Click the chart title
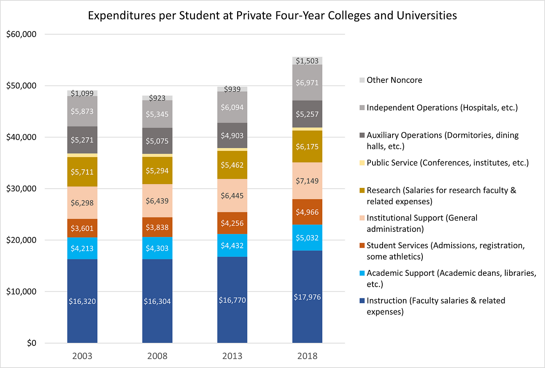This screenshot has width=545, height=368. coord(272,16)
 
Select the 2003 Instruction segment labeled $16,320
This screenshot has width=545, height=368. coord(82,301)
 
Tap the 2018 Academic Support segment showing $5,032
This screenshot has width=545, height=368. coord(307,237)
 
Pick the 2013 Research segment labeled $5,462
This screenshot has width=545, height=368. coord(232,165)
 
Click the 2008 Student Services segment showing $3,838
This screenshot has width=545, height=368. coord(157,227)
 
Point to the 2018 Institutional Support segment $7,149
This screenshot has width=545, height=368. coord(307,180)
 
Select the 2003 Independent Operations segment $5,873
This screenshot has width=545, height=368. coord(82,111)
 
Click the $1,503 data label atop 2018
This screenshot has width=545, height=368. coord(307,61)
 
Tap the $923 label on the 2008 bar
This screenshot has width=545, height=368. coord(157,98)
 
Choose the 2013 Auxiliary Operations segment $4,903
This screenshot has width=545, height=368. coord(232,135)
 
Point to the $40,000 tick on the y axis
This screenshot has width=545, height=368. coord(21,137)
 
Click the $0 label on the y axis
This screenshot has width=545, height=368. coord(32,343)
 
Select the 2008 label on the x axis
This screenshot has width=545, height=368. coord(157,356)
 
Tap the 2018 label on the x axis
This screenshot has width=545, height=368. coord(307,356)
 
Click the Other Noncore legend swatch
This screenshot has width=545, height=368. coord(362,80)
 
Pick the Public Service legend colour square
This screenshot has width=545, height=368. coord(362,163)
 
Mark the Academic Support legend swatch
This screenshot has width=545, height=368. coord(362,273)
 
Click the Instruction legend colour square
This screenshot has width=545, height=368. coord(362,301)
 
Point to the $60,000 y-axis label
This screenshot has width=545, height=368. coord(21,34)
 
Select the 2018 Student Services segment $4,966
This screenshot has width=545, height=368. coord(307,212)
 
